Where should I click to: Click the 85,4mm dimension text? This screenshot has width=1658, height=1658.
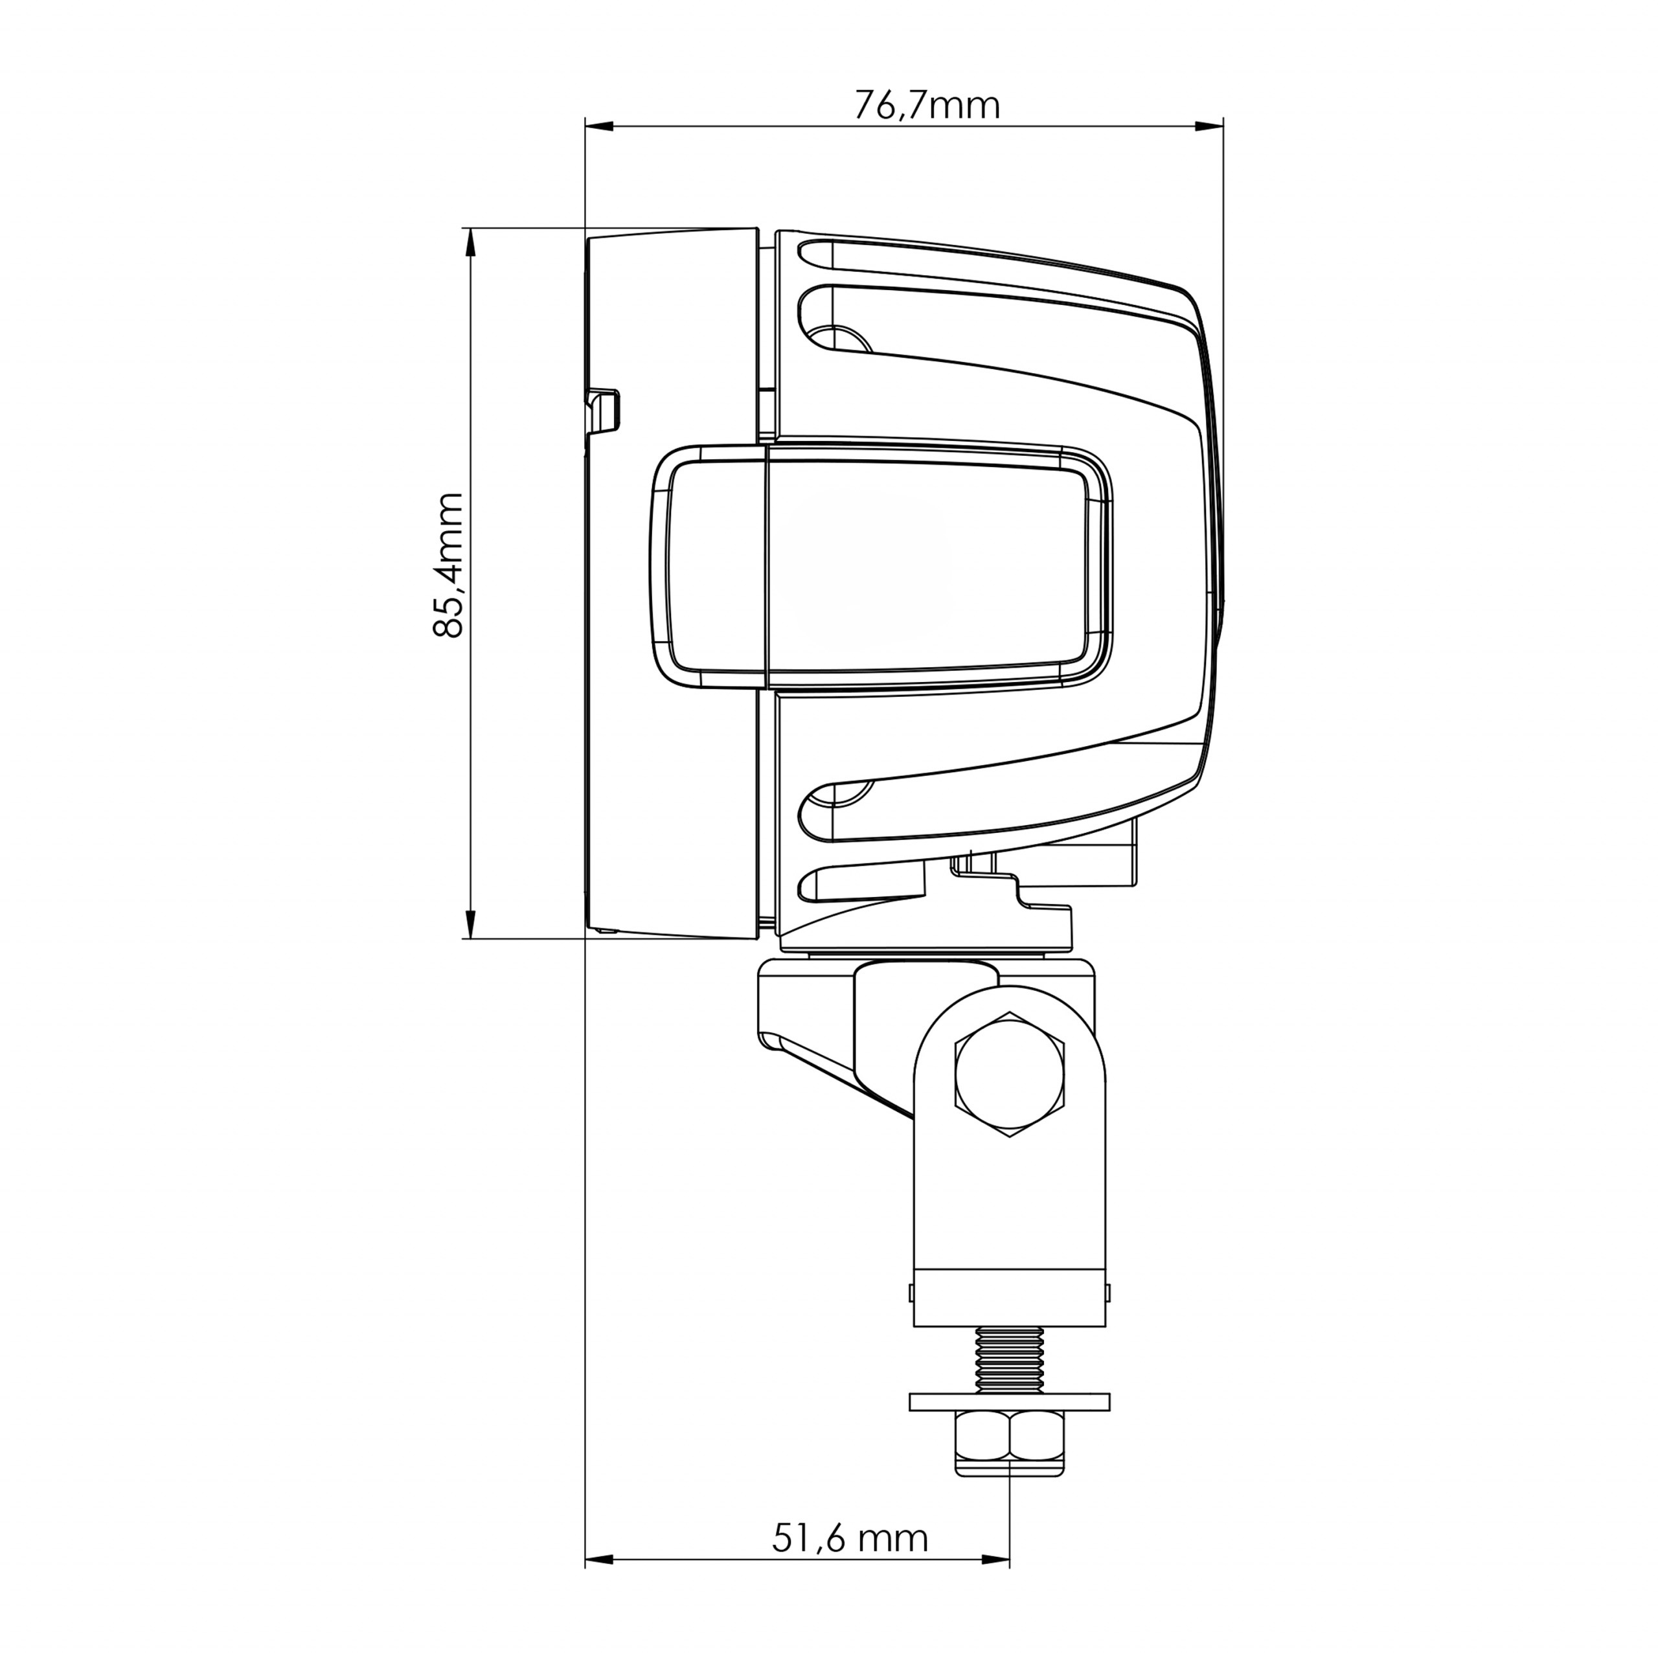click(449, 565)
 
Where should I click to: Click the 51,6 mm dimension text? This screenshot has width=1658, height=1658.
click(850, 1539)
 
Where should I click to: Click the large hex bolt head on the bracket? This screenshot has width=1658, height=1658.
click(1009, 1075)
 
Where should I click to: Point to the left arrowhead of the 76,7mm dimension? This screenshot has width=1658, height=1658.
click(598, 127)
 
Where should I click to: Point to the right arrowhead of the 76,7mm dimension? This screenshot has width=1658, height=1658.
click(1209, 127)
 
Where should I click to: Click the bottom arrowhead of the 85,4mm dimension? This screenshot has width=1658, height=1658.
click(470, 924)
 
